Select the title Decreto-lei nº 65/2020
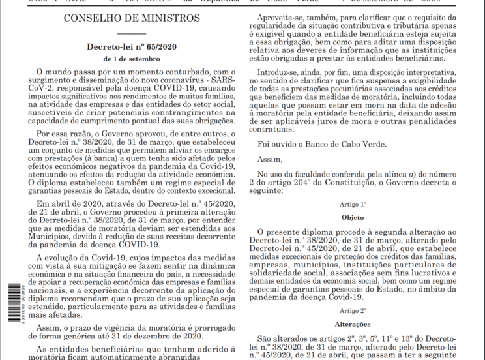coord(132,47)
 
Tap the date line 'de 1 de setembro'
coord(132,59)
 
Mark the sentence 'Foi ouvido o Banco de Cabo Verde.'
coord(331,144)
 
